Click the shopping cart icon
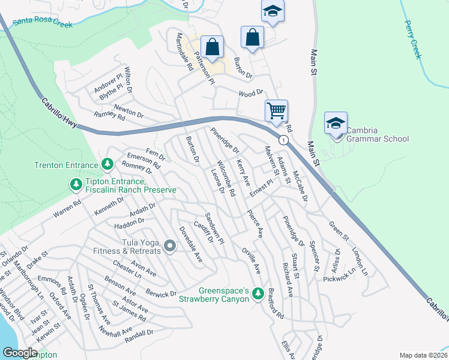coord(276,110)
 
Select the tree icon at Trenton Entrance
coord(107,164)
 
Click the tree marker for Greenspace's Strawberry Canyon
coord(258,293)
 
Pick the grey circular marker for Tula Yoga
coord(170,245)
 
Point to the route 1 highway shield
coord(283,140)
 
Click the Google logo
coord(20,353)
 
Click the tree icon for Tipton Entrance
coord(76,185)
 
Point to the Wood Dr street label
coord(251,93)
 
